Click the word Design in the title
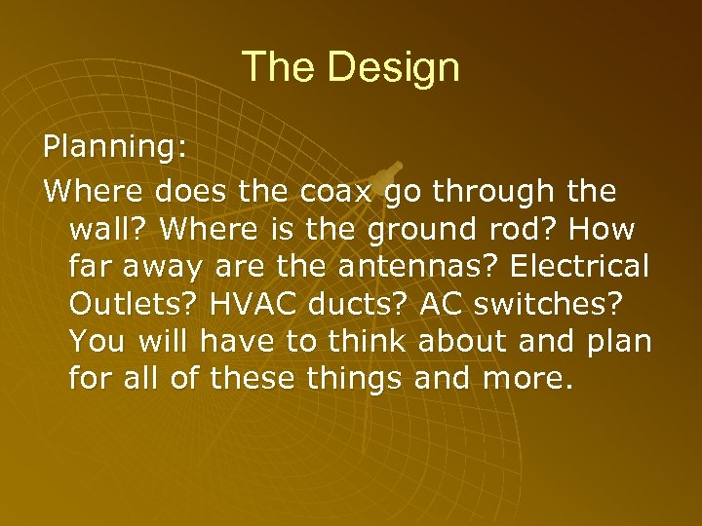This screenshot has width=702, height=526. click(x=393, y=67)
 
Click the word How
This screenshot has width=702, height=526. click(x=604, y=230)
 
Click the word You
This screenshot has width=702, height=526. click(x=98, y=343)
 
